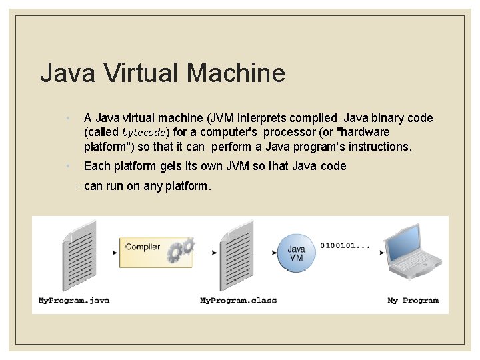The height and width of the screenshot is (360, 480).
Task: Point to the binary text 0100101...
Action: (345, 245)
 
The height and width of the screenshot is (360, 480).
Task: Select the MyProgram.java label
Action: (74, 301)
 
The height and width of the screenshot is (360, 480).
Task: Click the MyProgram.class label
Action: (238, 301)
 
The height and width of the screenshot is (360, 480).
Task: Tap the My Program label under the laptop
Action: (413, 301)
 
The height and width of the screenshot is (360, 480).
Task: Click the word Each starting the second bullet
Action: (97, 166)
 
